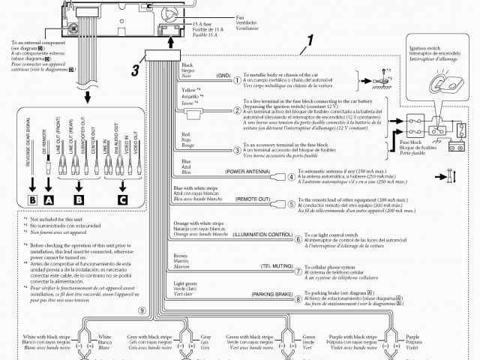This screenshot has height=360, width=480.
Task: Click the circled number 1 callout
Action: point(237,79)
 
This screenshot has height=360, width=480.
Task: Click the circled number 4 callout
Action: point(277,177)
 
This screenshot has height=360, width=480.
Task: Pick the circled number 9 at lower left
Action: point(141,310)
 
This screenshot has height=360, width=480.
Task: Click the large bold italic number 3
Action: point(135,71)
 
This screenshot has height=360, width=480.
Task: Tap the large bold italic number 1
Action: point(310,42)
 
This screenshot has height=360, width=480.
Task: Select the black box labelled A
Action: point(49,200)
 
